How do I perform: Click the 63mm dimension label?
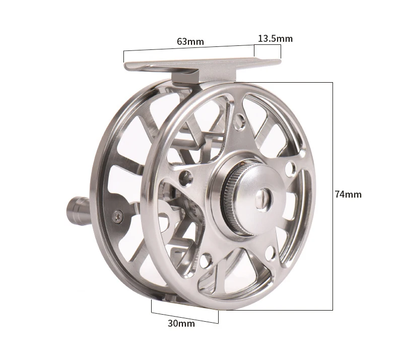[x=190, y=41]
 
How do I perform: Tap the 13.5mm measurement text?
[x=276, y=39]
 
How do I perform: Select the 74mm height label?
[x=348, y=194]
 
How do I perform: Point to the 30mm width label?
[x=181, y=323]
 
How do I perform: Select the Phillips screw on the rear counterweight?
[x=118, y=217]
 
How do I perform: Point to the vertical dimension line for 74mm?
[x=333, y=196]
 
